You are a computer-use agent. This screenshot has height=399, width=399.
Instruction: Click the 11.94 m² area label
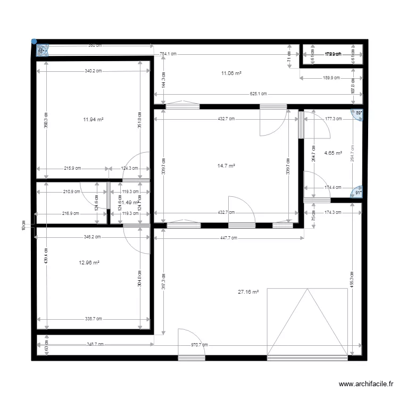tap(93, 120)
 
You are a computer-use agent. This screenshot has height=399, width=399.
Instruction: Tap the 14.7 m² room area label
tap(226, 166)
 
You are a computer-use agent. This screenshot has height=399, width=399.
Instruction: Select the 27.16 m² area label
tap(248, 292)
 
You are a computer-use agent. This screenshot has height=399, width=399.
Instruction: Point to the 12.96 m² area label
tap(89, 262)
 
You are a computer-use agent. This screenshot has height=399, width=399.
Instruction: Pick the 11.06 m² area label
tap(231, 73)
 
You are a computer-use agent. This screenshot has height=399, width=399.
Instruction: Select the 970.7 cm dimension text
tap(200, 345)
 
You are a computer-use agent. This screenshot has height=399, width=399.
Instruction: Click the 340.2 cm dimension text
tap(94, 71)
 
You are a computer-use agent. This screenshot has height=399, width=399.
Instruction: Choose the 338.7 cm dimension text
tap(94, 319)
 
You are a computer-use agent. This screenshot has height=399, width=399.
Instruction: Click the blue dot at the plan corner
tap(34, 41)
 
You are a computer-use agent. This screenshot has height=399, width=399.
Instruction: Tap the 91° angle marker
tap(359, 193)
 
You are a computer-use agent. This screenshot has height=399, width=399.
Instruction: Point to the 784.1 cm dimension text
tap(168, 54)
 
